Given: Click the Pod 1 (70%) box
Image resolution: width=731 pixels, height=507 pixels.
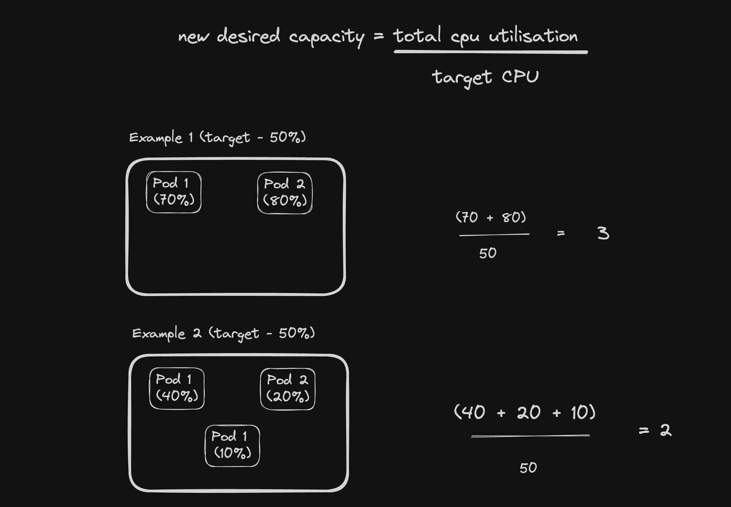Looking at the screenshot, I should coord(174,192).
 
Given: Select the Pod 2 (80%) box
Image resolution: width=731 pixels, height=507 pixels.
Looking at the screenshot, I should coord(285,193).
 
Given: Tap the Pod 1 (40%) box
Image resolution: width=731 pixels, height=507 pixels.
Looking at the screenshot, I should coord(177,388).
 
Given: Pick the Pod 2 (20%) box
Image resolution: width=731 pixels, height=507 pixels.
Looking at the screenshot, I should coord(288,389).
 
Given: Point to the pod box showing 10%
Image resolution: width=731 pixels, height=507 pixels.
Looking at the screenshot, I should coord(232,446).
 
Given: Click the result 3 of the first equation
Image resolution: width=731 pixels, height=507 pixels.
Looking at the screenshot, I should coord(603,233).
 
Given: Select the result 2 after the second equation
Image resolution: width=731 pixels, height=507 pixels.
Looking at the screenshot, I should coord(666,430).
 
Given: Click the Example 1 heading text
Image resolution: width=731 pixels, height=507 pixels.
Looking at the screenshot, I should coord(217,138).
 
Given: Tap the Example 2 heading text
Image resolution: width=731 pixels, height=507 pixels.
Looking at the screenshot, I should coord(223,333).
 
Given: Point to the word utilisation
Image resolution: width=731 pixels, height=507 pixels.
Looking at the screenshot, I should coord(533,36).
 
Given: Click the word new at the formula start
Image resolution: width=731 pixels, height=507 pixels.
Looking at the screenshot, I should coord(193,37).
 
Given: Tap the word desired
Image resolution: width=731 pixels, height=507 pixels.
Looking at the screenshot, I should coord(248,36).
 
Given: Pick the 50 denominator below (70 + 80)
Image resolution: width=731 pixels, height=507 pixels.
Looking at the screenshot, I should coord(488,253).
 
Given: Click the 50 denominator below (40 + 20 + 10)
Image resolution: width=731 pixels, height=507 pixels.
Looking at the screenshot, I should coord(528,468).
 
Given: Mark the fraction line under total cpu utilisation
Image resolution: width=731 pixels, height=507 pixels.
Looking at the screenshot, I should coord(491,53).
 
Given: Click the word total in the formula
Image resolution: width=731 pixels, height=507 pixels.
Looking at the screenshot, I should coord(417,36).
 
